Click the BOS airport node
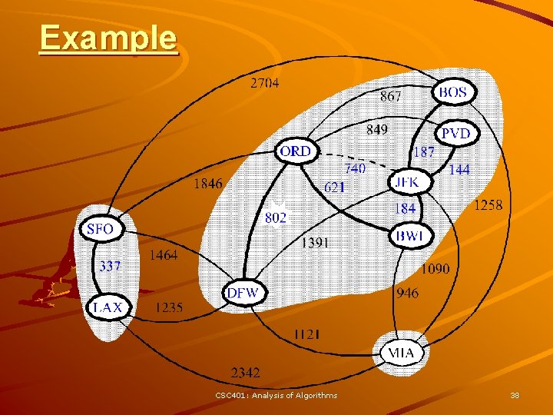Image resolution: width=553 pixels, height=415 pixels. pos(453,92)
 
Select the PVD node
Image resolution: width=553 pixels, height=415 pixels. pos(456,134)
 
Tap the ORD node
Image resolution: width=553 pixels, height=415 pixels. pos(296,151)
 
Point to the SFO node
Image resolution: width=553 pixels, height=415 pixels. pos(101,229)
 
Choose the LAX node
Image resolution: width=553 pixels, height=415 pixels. pos(108,307)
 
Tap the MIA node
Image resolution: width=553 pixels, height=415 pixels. pos(402,353)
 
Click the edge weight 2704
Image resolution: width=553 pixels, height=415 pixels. pos(265,83)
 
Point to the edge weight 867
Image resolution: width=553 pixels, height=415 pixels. pos(391,96)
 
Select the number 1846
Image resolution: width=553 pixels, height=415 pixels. pos(208,183)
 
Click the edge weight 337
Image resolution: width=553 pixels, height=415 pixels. pos(110,267)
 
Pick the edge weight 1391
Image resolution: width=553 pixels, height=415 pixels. pos(316,242)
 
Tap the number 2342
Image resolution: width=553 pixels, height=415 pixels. pos(246,373)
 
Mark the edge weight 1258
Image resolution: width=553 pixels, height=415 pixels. pos(488,204)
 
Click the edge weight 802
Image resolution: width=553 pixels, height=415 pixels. pos(275,217)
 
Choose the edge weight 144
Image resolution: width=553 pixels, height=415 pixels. pos(459,169)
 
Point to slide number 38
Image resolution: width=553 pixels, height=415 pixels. pos(515,395)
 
